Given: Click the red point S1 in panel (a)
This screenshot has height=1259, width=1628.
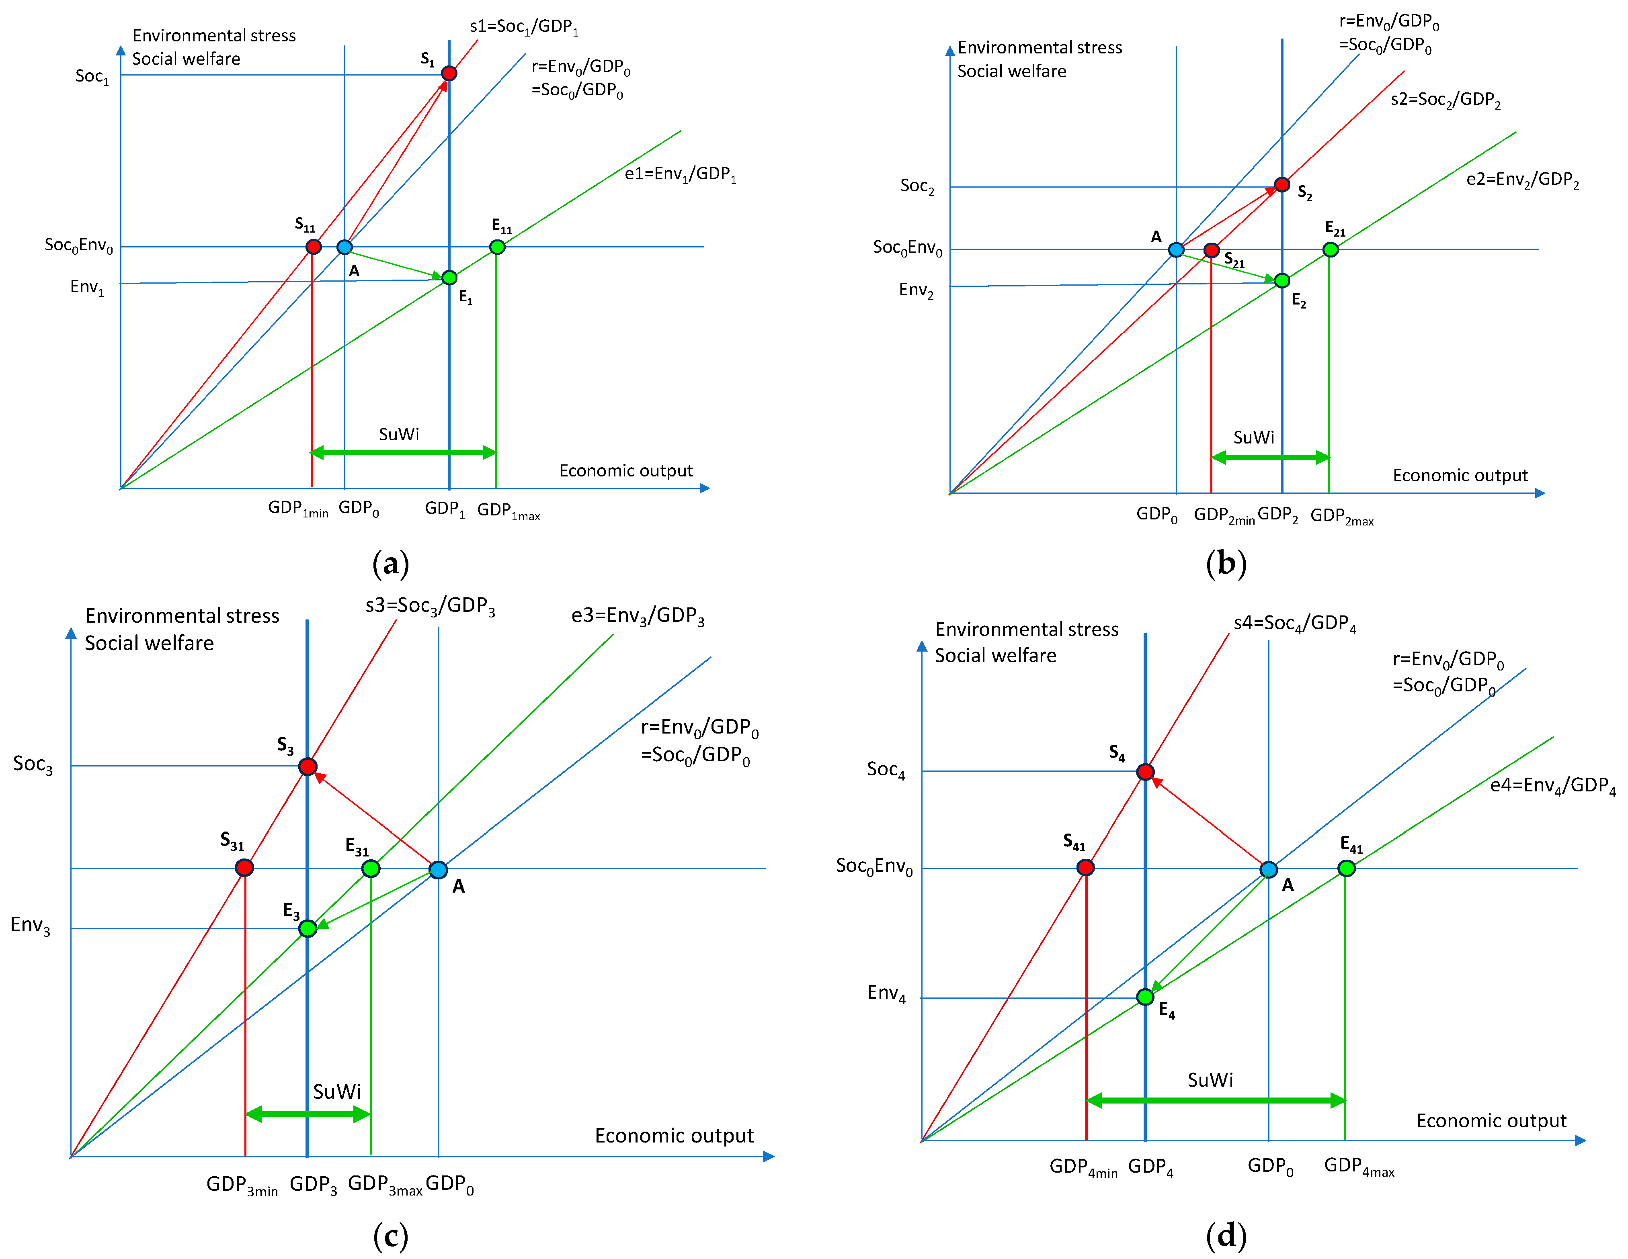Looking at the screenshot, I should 449,73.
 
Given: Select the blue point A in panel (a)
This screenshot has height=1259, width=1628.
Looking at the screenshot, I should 344,247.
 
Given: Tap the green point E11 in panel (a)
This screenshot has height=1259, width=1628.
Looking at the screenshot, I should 497,247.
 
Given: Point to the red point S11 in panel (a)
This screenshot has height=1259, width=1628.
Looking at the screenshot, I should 314,247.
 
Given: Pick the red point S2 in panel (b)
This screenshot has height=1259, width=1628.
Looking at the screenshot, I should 1282,184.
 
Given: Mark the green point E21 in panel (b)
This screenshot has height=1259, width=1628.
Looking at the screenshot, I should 1331,249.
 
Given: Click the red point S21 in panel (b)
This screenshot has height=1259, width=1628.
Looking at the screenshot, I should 1211,249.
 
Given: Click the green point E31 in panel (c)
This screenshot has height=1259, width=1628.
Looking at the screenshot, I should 371,869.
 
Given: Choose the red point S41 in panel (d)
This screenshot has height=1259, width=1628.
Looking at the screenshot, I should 1085,867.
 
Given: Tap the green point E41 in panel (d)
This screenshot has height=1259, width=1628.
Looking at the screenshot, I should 1346,868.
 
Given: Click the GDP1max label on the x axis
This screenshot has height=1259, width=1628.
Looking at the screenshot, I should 508,511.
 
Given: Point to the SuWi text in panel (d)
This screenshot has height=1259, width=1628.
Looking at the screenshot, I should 1210,1080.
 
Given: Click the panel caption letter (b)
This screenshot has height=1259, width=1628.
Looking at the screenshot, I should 1226,564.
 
